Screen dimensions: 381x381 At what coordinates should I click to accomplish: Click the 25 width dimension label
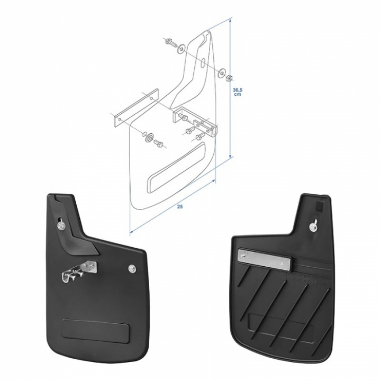click(180, 207)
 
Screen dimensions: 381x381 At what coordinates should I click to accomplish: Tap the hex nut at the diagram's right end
click(229, 78)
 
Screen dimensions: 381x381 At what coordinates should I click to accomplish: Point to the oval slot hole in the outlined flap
click(203, 62)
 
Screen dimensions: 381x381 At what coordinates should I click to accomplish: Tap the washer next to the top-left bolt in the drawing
click(182, 49)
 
